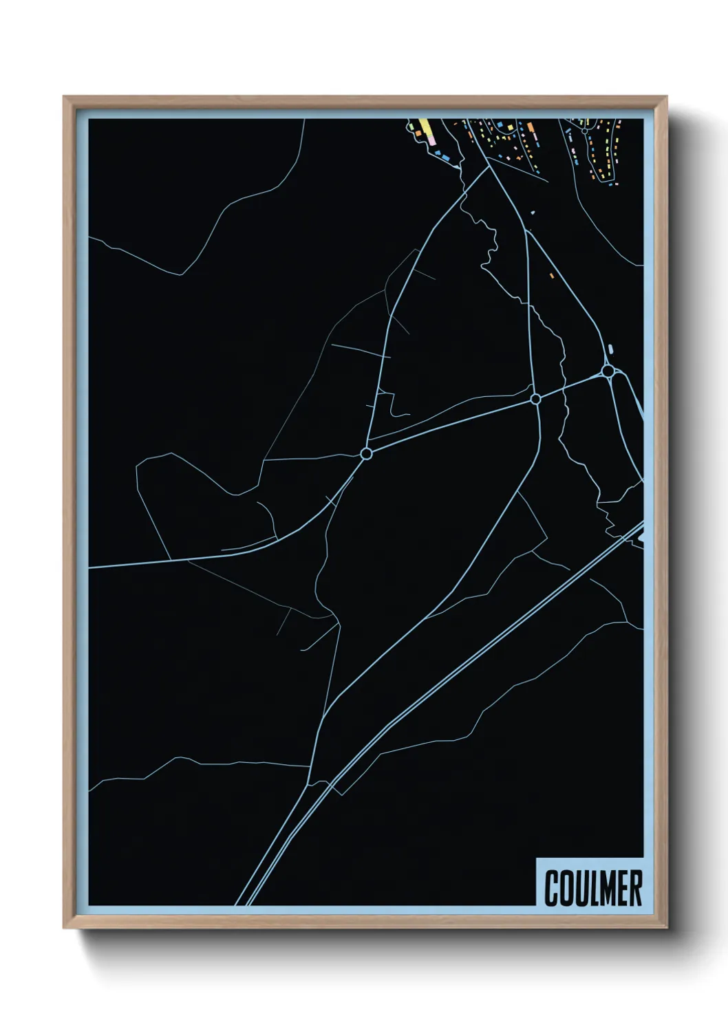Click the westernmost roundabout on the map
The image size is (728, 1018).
coord(366,453)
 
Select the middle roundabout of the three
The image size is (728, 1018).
coord(535,398)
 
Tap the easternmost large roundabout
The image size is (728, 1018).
coord(608,371)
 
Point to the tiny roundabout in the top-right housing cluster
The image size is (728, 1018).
coord(584,129)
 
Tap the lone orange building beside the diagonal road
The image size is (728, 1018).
coord(551,275)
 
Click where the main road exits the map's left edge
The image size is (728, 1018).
coord(90,568)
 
